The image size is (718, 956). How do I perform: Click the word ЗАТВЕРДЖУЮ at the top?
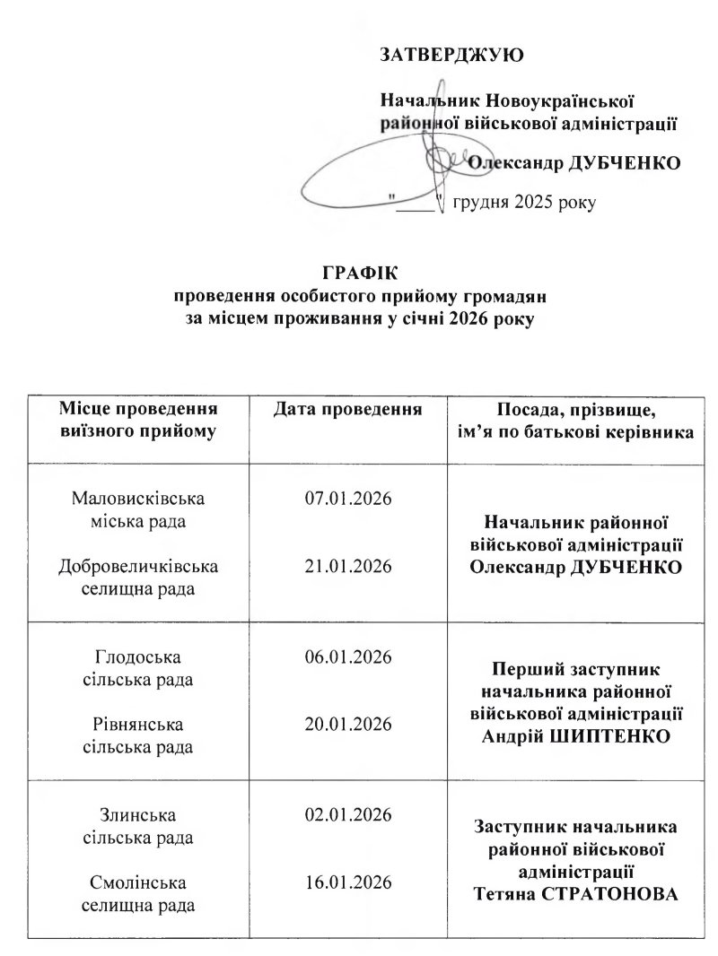point(452,56)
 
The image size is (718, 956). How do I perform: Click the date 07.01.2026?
point(348,499)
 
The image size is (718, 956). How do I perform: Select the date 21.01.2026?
point(348,566)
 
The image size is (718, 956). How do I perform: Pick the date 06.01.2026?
point(348,657)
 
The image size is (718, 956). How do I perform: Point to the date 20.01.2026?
point(348,724)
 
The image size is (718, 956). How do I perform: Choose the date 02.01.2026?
point(348,814)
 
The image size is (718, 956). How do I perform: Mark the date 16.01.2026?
point(348,882)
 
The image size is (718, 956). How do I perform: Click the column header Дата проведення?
point(348,411)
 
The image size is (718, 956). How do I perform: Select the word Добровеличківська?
point(139,566)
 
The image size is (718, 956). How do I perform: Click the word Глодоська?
point(139,657)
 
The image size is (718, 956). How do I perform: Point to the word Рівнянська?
point(139,724)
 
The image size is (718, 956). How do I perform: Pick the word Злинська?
point(139,814)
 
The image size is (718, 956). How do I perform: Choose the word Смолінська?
point(139,882)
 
